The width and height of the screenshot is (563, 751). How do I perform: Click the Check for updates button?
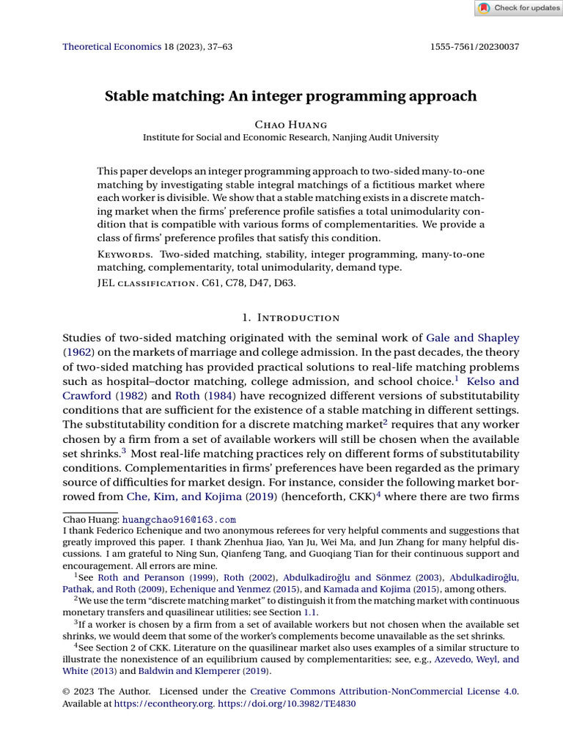518,8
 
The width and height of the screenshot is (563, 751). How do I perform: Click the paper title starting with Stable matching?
291,96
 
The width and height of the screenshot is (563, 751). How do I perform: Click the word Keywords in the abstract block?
125,254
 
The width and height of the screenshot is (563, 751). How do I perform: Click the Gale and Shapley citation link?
472,338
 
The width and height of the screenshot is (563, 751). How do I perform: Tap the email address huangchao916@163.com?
179,519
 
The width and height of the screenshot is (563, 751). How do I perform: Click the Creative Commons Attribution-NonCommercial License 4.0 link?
384,692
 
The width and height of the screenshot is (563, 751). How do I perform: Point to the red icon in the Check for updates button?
484,8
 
